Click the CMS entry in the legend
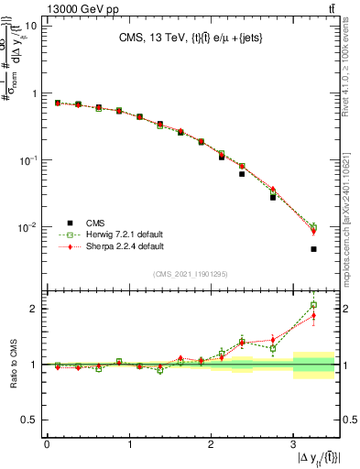(x=95, y=222)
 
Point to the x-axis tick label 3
(x=293, y=444)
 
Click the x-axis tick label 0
(x=47, y=444)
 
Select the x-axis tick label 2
(x=211, y=444)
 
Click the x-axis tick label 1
(x=129, y=444)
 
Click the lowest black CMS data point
(x=313, y=249)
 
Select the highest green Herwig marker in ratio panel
(x=313, y=305)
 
